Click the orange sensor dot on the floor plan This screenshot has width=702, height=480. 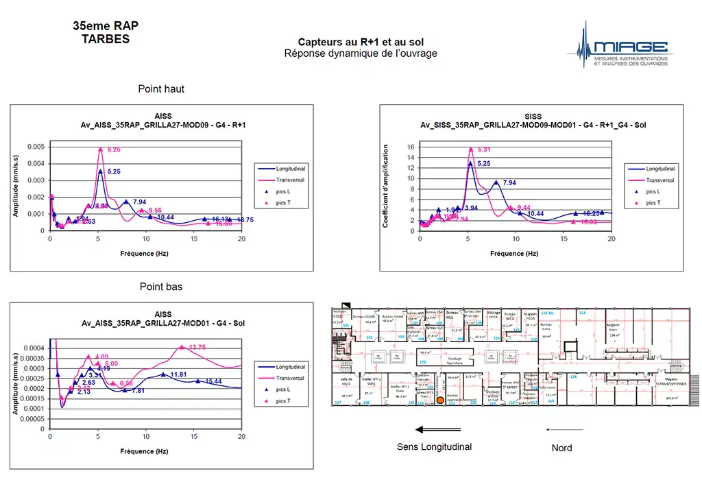[439, 409]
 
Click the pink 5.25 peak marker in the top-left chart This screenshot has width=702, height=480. [100, 149]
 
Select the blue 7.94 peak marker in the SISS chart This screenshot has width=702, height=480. [496, 183]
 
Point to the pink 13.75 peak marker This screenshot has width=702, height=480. [182, 347]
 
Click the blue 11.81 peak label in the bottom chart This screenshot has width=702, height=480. [179, 374]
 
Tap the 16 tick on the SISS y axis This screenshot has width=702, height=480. [411, 147]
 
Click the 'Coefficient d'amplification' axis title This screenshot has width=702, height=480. [387, 187]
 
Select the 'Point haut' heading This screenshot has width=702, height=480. [161, 89]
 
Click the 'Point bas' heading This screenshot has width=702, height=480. [160, 287]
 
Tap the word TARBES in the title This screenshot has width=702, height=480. [105, 39]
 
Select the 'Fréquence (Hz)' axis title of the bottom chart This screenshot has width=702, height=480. [145, 451]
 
